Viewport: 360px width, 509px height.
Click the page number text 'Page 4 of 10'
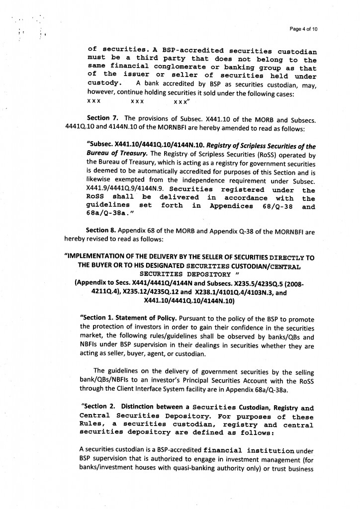pyautogui.click(x=303, y=29)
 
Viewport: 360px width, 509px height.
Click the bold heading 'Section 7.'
pyautogui.click(x=103, y=118)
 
